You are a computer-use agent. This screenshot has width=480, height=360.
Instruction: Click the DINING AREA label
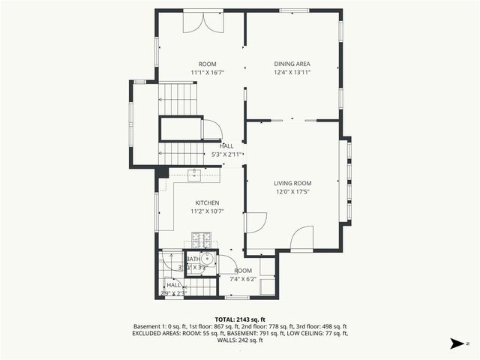click(292, 64)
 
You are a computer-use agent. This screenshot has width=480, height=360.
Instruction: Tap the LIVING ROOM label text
click(292, 183)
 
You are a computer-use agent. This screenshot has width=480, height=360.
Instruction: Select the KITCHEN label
click(207, 203)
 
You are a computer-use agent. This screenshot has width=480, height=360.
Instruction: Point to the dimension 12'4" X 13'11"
click(292, 73)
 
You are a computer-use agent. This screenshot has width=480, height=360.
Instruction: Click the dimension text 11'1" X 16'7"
click(207, 73)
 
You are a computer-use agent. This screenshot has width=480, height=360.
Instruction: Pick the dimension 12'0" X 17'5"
click(292, 192)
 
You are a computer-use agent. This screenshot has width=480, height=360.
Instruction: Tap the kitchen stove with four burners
click(202, 240)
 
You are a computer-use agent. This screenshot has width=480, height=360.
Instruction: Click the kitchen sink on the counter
click(195, 175)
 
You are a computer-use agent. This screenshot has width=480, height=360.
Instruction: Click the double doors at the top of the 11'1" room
click(203, 20)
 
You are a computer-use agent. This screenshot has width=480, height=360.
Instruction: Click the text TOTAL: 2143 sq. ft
click(240, 319)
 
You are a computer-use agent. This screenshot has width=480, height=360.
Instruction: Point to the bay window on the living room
click(347, 180)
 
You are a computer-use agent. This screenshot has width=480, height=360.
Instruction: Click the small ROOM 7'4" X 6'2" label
click(244, 275)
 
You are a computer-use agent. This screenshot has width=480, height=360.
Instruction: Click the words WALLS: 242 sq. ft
click(240, 340)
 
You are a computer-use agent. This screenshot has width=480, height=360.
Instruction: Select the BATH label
click(184, 259)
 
